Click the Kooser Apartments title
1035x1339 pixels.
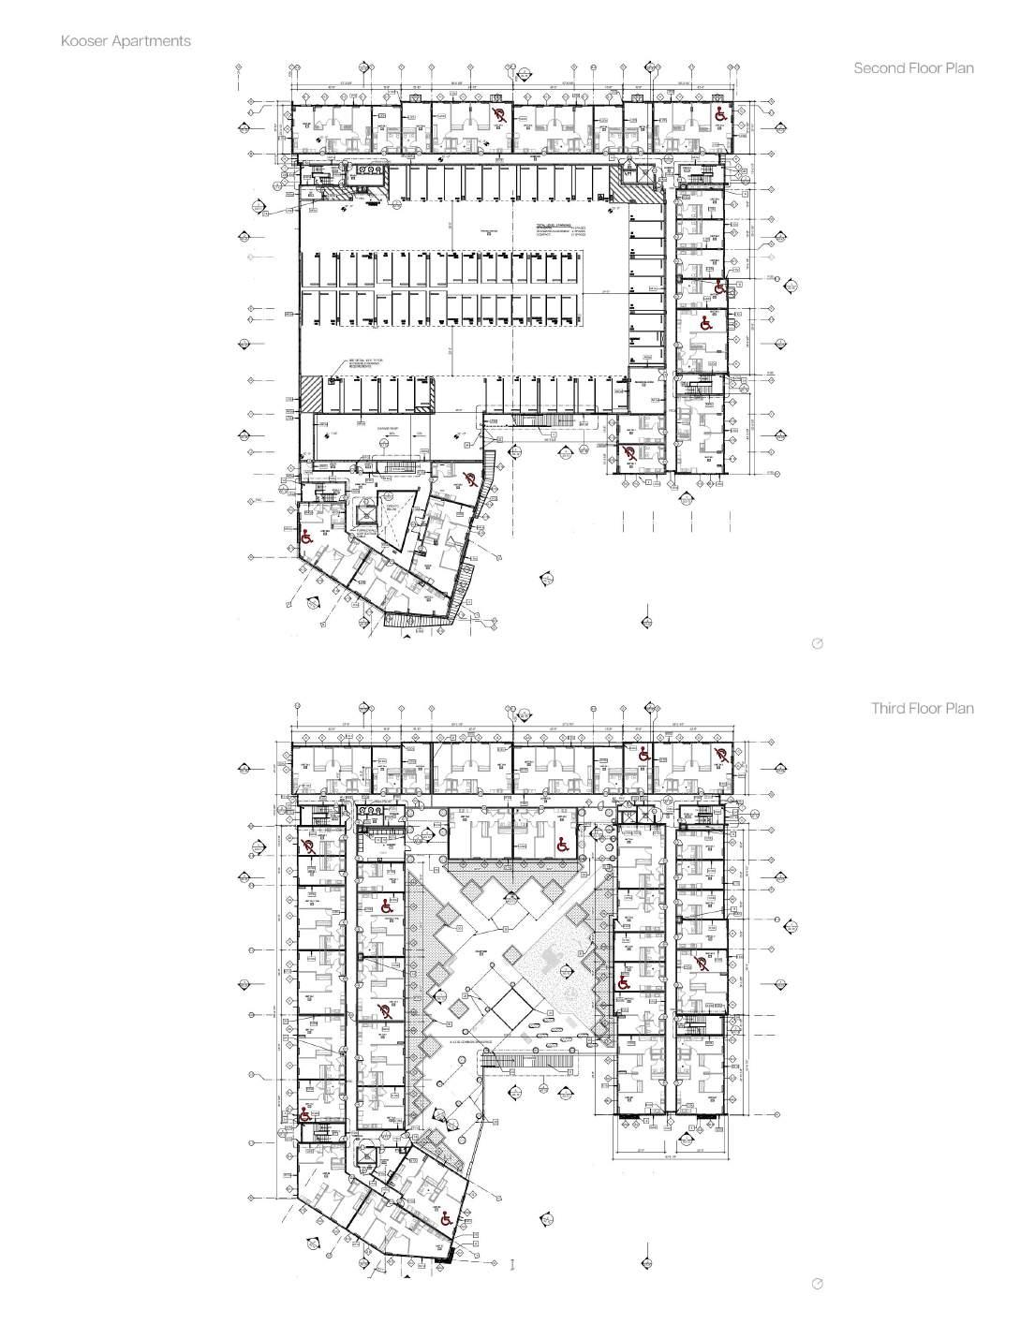[126, 41]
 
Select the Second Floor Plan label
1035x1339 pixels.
[913, 68]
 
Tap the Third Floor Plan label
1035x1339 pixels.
[922, 708]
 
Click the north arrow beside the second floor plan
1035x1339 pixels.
[817, 644]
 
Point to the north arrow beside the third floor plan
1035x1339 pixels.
[817, 1283]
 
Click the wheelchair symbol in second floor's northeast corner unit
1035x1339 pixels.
[721, 115]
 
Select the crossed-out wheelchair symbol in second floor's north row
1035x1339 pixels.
[501, 115]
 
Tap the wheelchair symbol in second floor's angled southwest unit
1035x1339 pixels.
[305, 537]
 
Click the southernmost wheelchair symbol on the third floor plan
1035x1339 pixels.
[446, 1218]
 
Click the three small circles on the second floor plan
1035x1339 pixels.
[374, 172]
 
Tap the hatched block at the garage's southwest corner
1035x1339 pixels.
[310, 392]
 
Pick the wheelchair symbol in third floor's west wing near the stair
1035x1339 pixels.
[304, 1114]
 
